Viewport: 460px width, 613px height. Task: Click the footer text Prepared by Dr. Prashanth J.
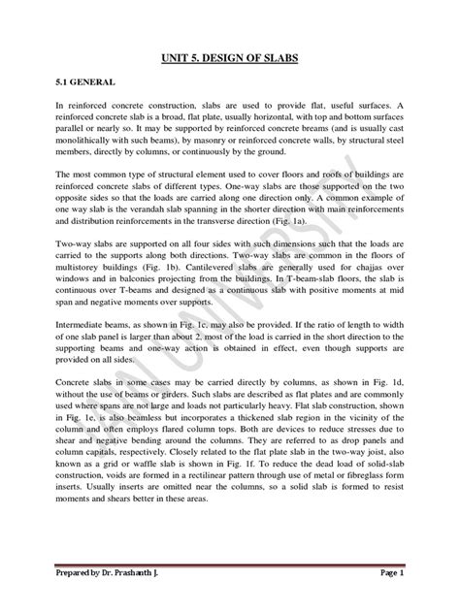[x=115, y=573]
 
